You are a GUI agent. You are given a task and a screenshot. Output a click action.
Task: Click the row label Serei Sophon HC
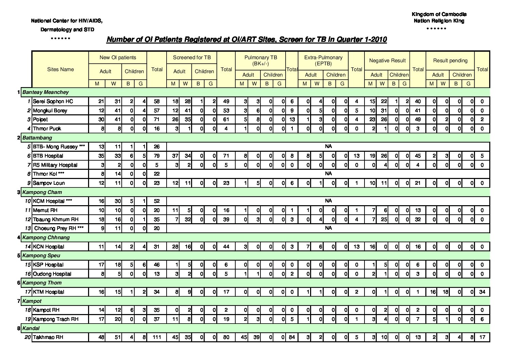tap(53, 101)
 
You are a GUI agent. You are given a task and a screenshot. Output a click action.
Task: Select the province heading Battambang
tap(37, 138)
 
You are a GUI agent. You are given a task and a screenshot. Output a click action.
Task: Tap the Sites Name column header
tap(60, 69)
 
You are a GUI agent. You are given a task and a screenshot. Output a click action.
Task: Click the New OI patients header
tap(118, 58)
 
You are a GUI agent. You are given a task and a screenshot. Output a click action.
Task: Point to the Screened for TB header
tap(192, 58)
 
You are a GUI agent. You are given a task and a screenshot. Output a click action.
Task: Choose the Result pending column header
tap(450, 61)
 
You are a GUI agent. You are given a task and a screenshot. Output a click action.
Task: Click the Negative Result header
tap(387, 61)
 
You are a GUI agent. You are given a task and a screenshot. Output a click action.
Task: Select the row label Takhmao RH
tap(48, 337)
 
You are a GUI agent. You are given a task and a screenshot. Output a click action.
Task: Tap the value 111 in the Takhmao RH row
tap(156, 337)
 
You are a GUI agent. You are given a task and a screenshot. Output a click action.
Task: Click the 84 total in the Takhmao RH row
tap(292, 337)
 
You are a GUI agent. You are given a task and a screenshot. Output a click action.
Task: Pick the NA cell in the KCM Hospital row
tap(328, 201)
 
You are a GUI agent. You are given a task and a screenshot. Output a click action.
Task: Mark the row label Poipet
tap(40, 119)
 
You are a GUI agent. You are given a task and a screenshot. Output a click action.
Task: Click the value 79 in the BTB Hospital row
tap(156, 156)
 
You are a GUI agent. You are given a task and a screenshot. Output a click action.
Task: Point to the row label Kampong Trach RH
tap(55, 319)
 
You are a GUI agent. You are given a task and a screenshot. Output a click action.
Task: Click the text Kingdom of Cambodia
tap(439, 14)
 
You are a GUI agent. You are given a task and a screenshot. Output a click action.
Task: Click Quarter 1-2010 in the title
tap(362, 39)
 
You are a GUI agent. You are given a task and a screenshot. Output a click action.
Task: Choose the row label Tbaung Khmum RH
tap(56, 219)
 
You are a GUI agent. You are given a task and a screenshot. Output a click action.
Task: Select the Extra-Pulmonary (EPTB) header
tap(323, 60)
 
